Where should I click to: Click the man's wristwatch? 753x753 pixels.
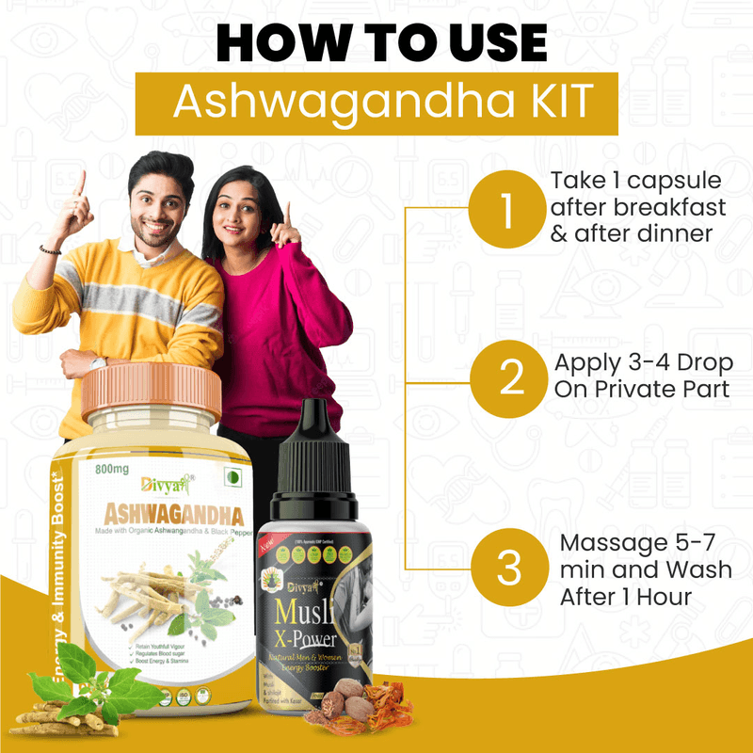(x=98, y=362)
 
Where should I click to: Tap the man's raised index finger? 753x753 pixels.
(x=81, y=182)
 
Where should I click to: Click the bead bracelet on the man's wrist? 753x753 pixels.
(x=50, y=249)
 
